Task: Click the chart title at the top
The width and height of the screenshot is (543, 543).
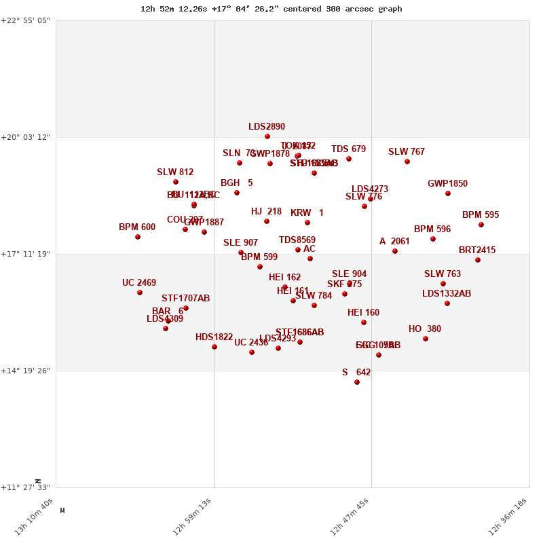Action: [x=271, y=9]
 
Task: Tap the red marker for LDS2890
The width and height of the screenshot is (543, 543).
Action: [x=267, y=136]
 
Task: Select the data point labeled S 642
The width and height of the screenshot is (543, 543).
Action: [x=357, y=382]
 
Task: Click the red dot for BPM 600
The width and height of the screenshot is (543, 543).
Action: [x=138, y=237]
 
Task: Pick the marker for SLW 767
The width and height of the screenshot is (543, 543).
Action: [x=407, y=162]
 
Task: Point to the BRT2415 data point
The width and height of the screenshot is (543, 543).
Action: [x=478, y=260]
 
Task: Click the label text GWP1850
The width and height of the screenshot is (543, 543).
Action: [x=447, y=184]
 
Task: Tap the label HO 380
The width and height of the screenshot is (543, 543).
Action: [x=425, y=329]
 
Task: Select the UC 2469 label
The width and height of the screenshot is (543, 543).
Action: [x=139, y=283]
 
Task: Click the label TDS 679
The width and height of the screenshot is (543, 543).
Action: [x=348, y=149]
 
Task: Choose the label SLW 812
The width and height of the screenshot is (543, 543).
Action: [x=175, y=172]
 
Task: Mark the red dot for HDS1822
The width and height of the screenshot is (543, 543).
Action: [x=214, y=347]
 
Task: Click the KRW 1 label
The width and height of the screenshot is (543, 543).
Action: [x=307, y=213]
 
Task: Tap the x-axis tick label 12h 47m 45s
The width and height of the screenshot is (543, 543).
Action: [x=350, y=517]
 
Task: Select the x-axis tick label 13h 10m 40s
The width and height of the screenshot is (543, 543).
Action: [x=34, y=517]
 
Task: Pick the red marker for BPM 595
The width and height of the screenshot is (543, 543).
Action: [x=481, y=225]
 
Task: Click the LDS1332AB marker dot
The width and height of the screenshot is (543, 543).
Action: [x=447, y=303]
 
